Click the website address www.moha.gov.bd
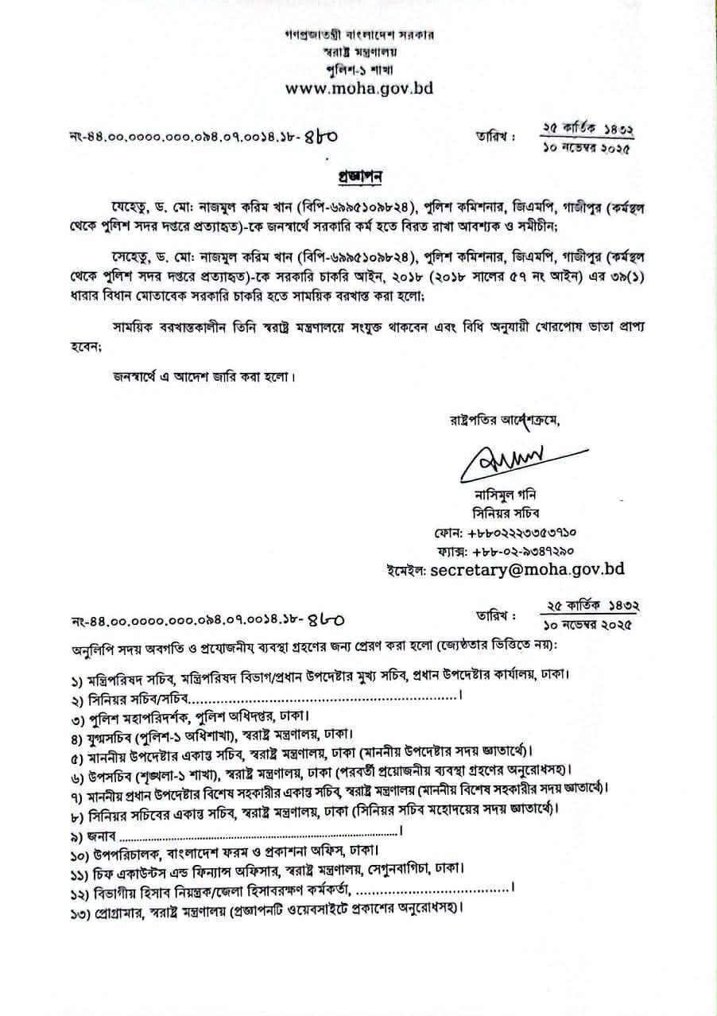click(x=358, y=89)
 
